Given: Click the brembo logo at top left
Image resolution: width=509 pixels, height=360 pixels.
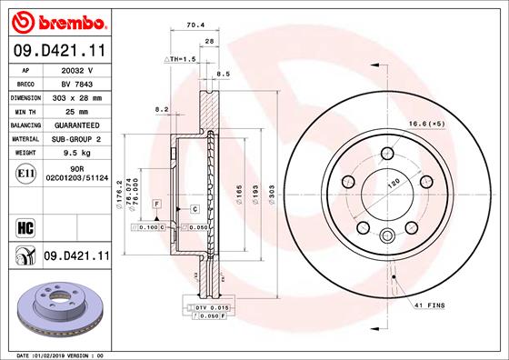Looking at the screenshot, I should [x=57, y=19].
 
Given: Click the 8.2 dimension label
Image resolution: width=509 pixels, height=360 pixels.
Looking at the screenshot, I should [x=162, y=109].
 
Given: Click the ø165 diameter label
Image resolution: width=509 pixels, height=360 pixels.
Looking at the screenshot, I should [x=239, y=193].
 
